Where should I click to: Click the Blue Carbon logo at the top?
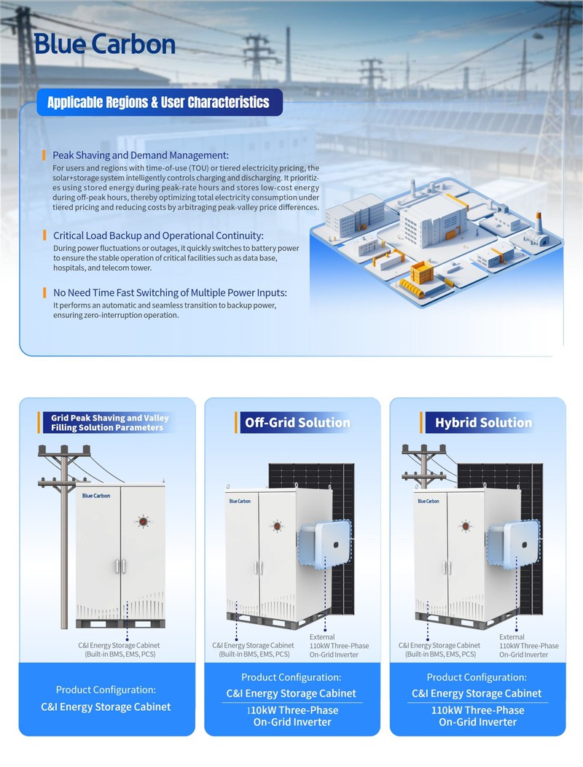[x=104, y=44]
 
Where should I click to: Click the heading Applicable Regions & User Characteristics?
[x=158, y=102]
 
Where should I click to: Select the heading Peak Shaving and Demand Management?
[x=141, y=155]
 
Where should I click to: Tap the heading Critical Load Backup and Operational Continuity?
[x=158, y=235]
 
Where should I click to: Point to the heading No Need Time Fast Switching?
[x=170, y=292]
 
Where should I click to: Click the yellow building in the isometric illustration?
[x=421, y=273]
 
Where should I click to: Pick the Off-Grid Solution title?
[x=297, y=423]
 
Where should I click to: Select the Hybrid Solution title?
[x=483, y=423]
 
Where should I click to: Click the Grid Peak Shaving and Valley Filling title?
[x=109, y=423]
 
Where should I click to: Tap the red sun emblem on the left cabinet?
[x=143, y=522]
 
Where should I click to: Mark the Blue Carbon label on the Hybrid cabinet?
[x=428, y=501]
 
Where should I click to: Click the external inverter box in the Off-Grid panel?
[x=324, y=544]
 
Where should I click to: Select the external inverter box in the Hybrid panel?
[x=511, y=544]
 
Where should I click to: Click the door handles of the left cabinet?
[x=120, y=567]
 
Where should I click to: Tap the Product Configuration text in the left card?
[x=106, y=690]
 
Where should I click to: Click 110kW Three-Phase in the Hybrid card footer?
[x=477, y=710]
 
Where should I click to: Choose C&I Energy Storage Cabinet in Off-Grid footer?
[x=291, y=693]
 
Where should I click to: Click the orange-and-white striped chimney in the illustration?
[x=539, y=222]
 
